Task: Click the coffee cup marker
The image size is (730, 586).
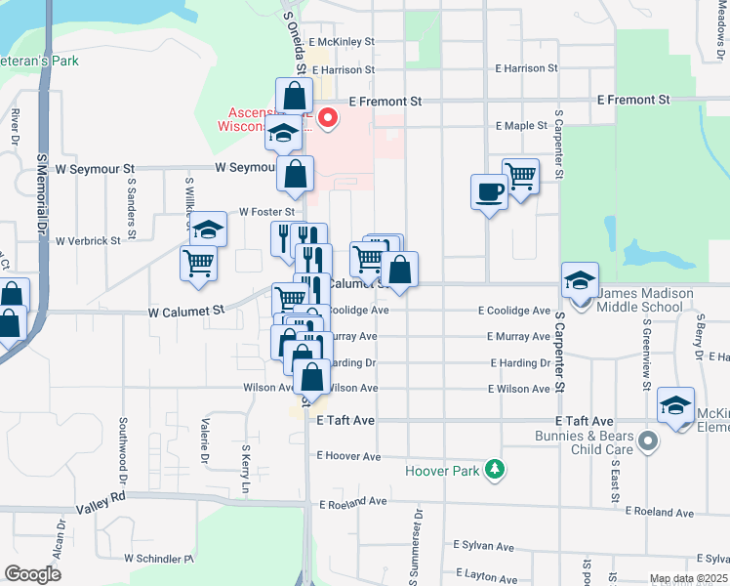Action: coord(488,191)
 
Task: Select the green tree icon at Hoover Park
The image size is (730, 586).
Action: coord(496,470)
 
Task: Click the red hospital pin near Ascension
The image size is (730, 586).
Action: coord(329,120)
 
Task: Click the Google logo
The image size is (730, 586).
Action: coord(32,573)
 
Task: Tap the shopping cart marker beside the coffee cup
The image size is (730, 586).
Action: coord(521,176)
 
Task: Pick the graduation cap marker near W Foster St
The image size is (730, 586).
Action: coord(208,230)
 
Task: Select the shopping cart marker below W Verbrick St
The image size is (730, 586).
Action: coord(198,263)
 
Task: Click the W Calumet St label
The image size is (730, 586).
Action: coord(186,309)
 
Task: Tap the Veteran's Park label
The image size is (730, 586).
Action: coord(38,61)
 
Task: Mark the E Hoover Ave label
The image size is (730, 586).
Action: coord(348,456)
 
